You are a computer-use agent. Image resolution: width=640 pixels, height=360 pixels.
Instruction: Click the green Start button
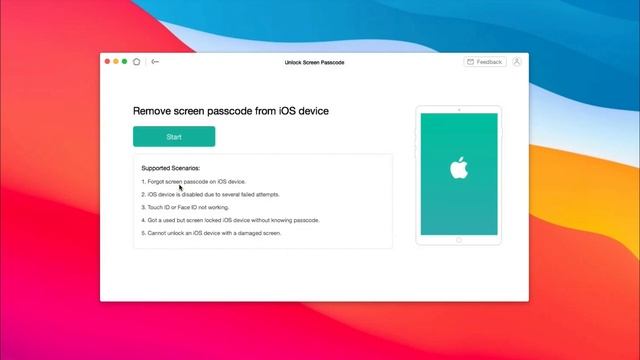[174, 136]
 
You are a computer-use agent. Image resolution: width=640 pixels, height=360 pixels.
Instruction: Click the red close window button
[108, 62]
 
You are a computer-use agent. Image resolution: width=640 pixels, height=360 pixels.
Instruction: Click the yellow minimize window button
[116, 62]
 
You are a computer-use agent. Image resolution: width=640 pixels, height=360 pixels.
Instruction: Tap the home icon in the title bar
[137, 62]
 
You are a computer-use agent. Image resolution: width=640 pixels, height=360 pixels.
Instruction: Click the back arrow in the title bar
[155, 62]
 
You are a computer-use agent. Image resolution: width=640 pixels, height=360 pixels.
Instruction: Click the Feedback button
[485, 62]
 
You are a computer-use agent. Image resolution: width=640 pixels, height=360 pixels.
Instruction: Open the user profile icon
[517, 62]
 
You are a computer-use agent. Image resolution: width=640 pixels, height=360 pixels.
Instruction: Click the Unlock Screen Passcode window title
[314, 62]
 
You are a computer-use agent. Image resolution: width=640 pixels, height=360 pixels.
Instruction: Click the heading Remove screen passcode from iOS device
[231, 111]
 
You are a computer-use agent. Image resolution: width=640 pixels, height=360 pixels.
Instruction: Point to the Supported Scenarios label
[171, 168]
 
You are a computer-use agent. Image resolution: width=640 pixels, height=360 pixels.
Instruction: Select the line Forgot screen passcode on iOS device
[195, 181]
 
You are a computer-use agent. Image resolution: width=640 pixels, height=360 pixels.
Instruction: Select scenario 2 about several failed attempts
[212, 194]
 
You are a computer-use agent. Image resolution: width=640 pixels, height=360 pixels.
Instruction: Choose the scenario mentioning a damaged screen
[212, 233]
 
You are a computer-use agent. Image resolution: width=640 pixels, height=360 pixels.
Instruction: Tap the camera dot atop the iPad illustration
[459, 109]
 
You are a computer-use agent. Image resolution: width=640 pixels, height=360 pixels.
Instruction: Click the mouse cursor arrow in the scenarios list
[181, 187]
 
